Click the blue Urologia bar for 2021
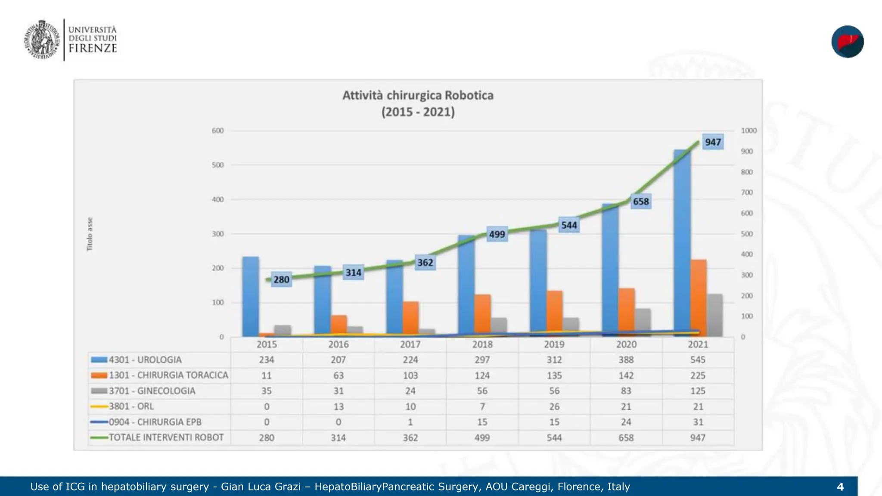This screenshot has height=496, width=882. (682, 243)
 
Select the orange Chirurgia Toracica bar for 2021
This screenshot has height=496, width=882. (699, 298)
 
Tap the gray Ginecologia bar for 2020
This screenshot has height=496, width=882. (643, 322)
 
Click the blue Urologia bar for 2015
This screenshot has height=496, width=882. (251, 297)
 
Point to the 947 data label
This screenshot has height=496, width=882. (713, 142)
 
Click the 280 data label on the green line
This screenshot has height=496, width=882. (281, 279)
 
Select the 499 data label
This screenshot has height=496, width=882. (497, 234)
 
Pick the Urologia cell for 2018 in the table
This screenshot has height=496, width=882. (482, 360)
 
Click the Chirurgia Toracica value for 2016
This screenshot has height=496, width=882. (339, 375)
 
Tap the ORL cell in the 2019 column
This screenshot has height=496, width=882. (554, 406)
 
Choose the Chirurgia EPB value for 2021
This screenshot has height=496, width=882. (698, 422)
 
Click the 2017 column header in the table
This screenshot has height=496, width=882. (410, 344)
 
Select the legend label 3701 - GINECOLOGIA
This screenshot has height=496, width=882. (152, 391)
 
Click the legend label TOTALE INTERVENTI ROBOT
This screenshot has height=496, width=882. (166, 437)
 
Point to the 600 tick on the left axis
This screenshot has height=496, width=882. (217, 130)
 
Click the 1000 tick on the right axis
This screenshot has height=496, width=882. (748, 130)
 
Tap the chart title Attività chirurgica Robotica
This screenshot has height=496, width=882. (418, 95)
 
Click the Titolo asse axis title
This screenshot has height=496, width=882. (90, 234)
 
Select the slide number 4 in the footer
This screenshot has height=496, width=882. (840, 487)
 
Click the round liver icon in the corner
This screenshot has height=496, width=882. (848, 42)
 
